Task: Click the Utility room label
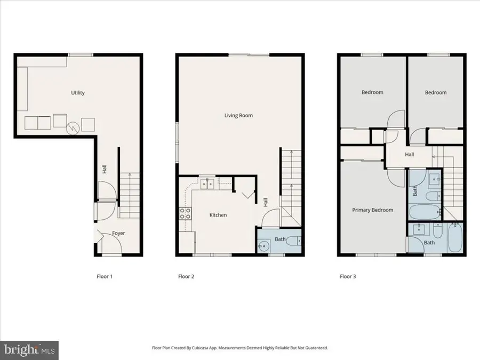tap(78, 93)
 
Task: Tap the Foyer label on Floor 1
tap(118, 234)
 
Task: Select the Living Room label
tap(238, 115)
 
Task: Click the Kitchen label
tap(218, 215)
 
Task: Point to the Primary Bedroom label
tap(373, 210)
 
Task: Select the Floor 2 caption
tap(186, 276)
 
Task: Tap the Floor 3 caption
tap(349, 276)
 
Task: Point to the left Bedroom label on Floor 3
tap(372, 92)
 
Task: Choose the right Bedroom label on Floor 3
tap(436, 92)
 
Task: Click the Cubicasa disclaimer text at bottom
tap(240, 348)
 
